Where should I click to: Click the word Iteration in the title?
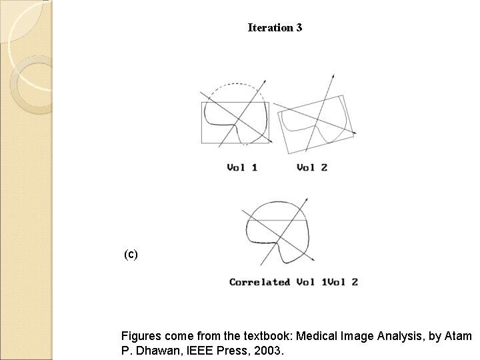click(x=270, y=28)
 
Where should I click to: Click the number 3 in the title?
click(x=299, y=28)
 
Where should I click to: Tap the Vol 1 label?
click(x=242, y=167)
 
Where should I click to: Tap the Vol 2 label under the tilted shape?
click(x=312, y=167)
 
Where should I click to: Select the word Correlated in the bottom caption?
click(x=260, y=282)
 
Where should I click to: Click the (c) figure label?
click(x=131, y=254)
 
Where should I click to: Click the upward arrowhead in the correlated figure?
click(x=307, y=200)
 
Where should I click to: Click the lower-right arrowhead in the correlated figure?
click(x=311, y=257)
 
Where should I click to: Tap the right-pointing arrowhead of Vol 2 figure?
click(x=353, y=134)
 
